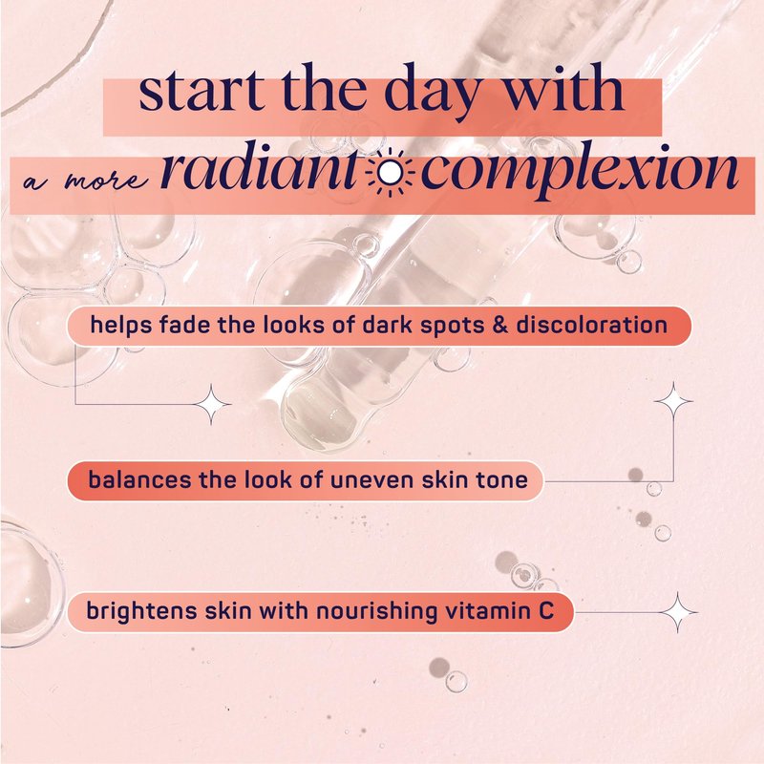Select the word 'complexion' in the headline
580,174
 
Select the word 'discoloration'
591,325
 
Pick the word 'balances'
139,480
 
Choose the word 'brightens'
141,611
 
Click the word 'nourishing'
376,611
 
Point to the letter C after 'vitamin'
546,611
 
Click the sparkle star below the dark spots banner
211,404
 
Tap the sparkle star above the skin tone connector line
673,401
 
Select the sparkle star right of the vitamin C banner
678,612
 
